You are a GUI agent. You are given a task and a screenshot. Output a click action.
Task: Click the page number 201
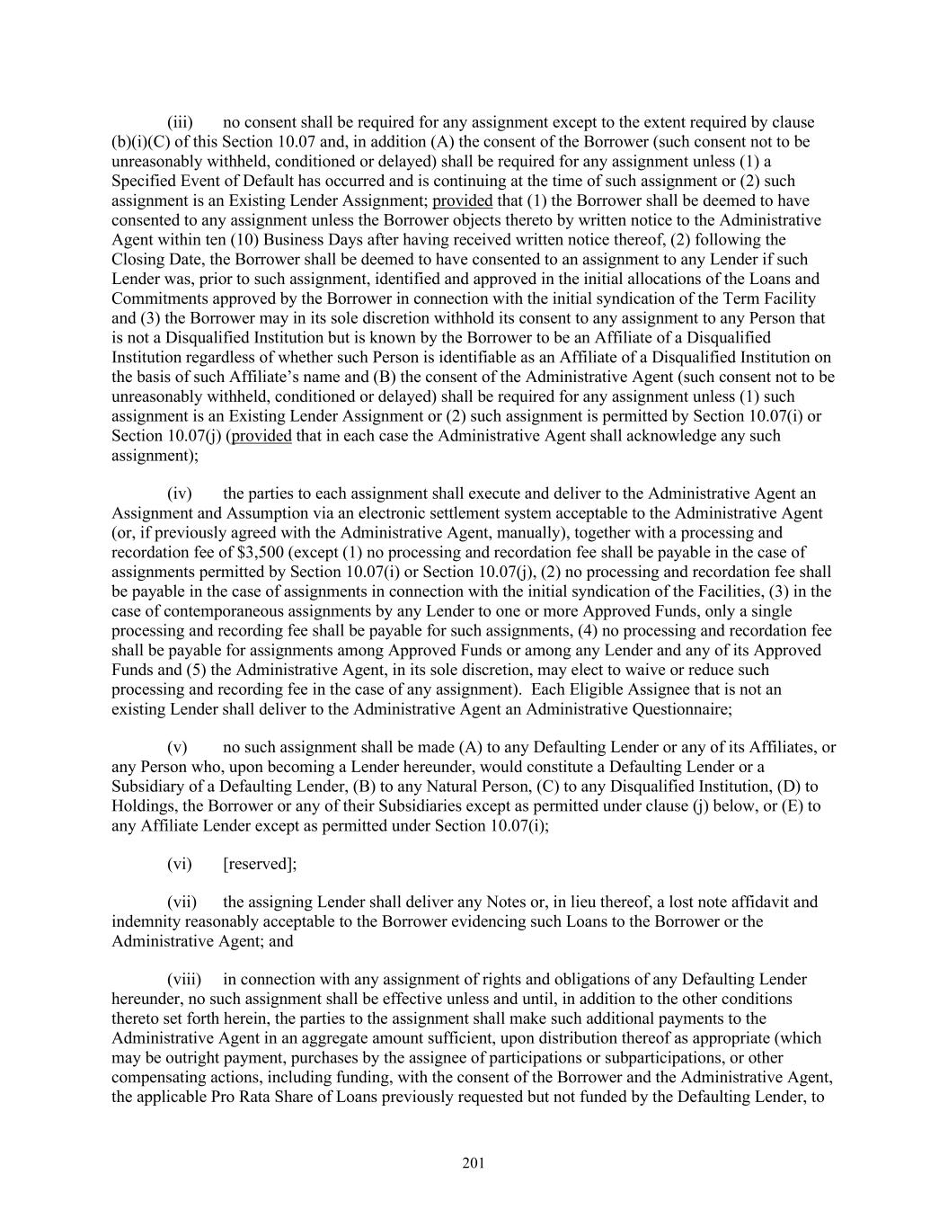pos(474,1164)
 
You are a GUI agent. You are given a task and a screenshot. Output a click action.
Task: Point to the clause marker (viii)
pos(184,980)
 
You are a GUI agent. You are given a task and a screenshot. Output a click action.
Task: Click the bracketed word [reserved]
pos(259,864)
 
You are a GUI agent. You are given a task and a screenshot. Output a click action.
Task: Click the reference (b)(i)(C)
pos(145,142)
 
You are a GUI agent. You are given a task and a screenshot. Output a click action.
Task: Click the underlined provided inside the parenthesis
pos(261,436)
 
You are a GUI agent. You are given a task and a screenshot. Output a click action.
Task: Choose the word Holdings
pos(142,806)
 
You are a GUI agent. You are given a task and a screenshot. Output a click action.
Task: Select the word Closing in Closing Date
pos(137,260)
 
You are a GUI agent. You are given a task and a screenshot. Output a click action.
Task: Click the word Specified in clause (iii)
pos(145,182)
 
